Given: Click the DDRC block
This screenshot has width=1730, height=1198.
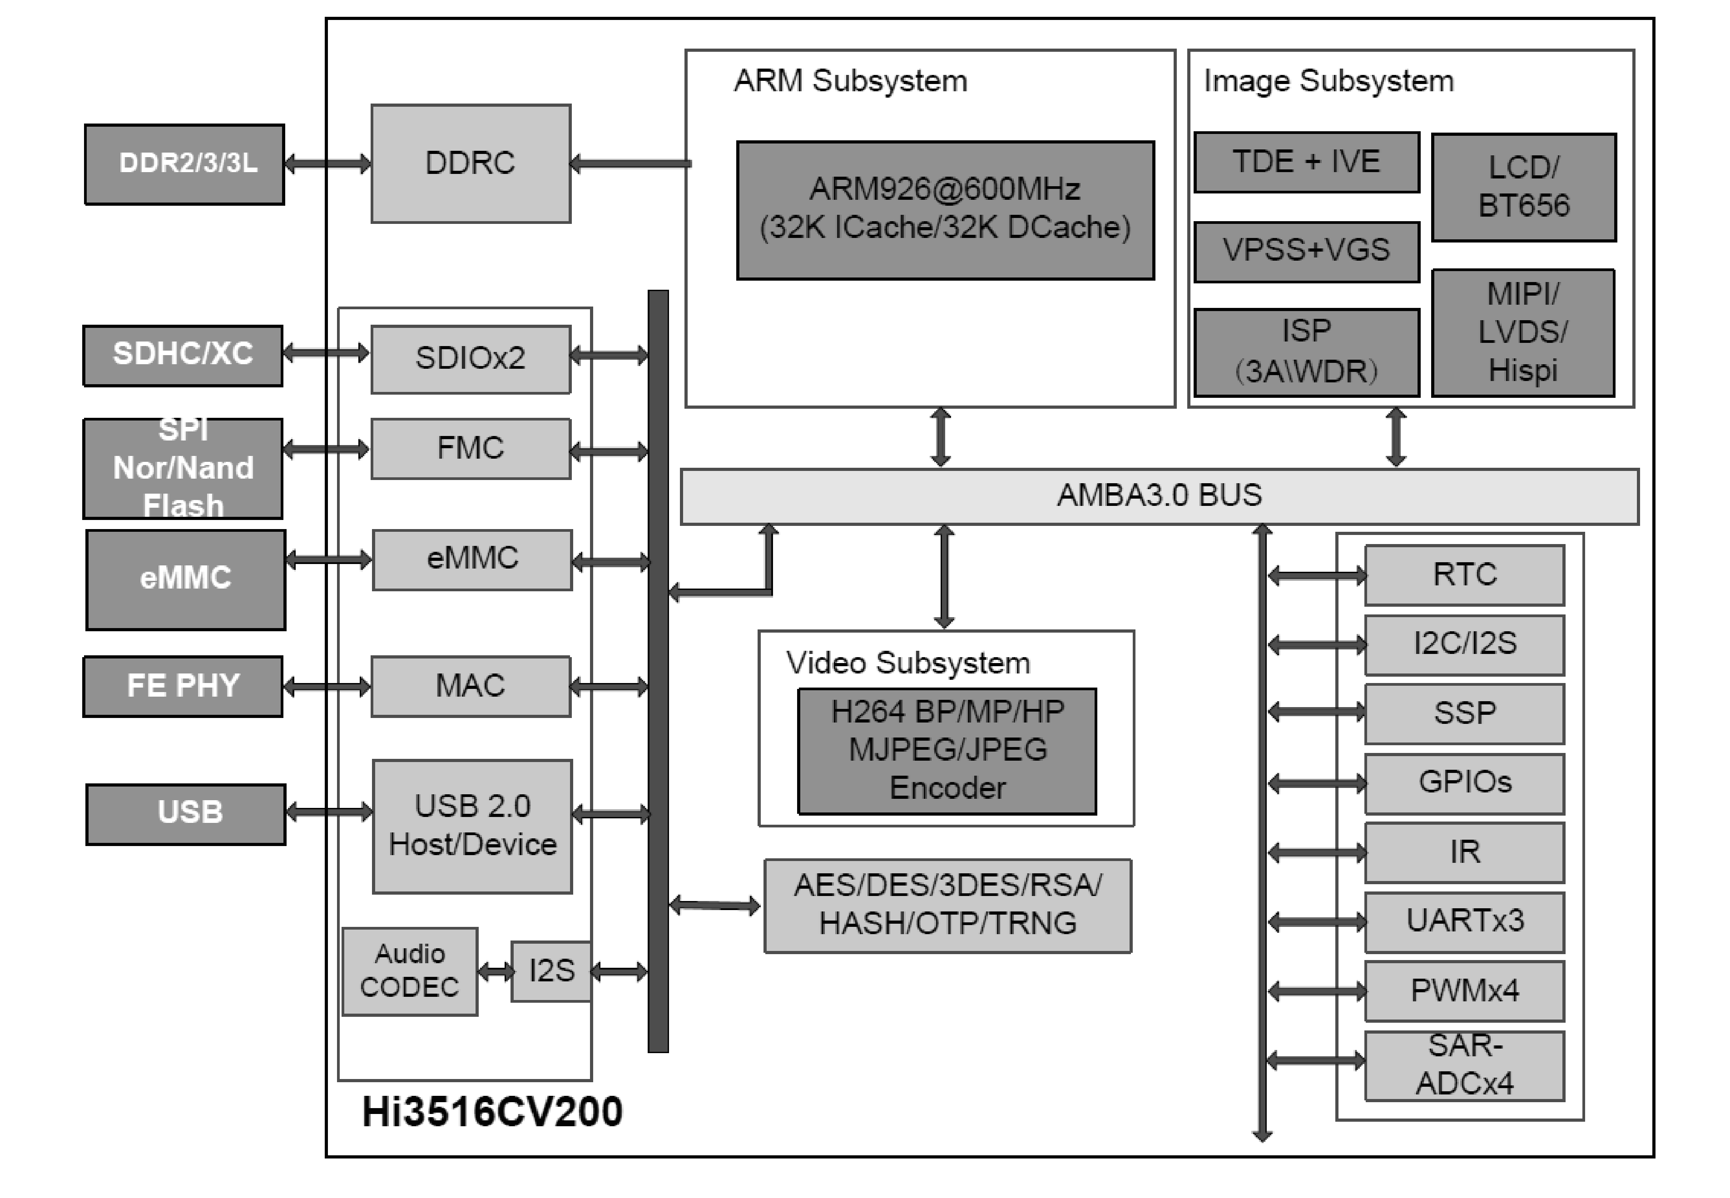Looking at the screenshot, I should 471,163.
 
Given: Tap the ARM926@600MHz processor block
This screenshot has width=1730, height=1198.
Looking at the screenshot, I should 945,210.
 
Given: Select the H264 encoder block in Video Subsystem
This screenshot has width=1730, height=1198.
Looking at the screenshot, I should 947,751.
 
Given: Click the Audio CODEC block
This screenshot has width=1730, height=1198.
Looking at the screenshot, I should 410,971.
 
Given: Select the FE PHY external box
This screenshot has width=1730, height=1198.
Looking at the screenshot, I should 183,686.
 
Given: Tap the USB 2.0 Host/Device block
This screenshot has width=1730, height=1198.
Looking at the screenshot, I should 472,826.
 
